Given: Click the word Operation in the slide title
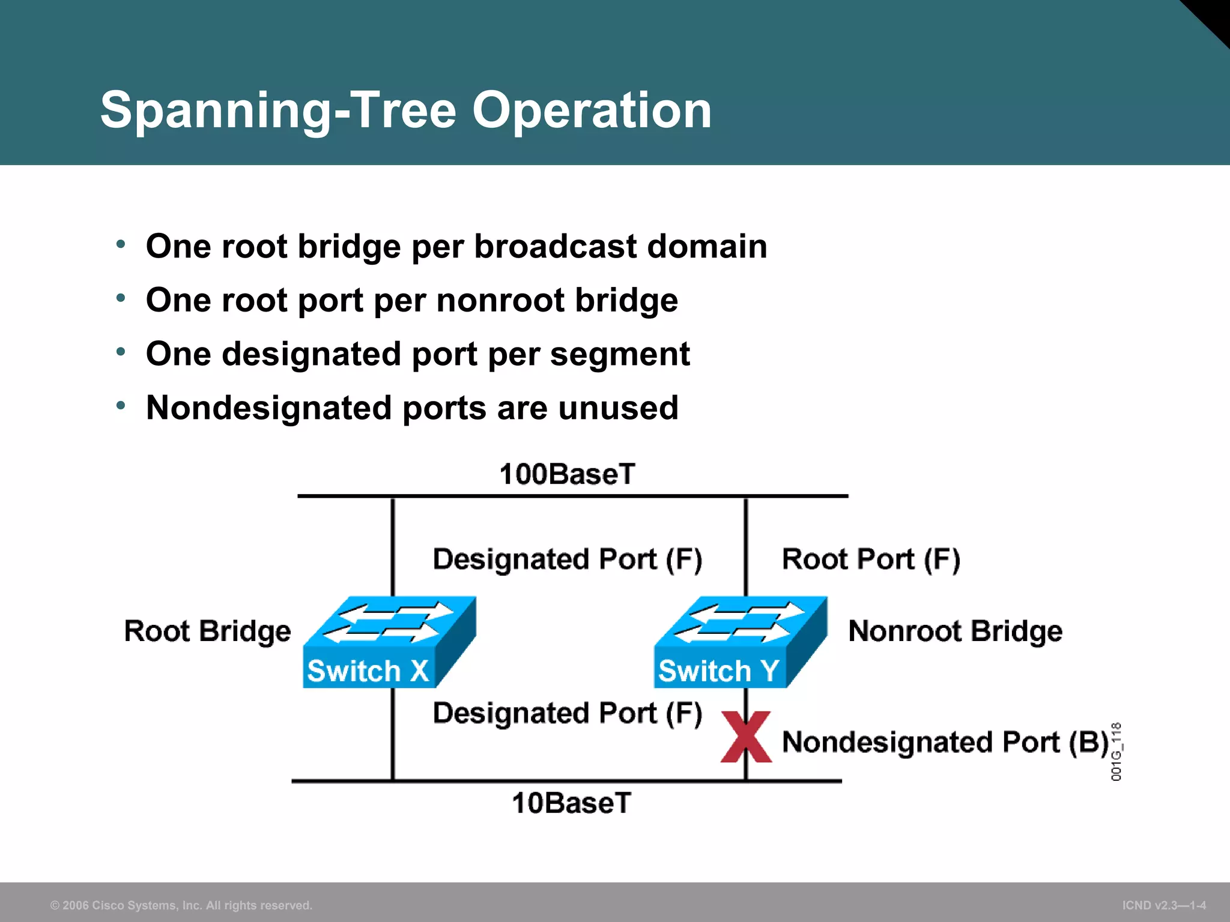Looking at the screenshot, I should [592, 110].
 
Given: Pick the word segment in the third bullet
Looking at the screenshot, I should [620, 354].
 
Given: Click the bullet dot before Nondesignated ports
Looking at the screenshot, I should [121, 406].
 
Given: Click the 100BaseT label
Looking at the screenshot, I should [567, 474].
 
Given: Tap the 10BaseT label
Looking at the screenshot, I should [571, 803].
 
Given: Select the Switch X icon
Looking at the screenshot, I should [389, 642].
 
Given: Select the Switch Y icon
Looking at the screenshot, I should [740, 642].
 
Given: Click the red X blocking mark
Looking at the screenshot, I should [745, 737].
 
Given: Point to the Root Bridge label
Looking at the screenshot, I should [207, 631].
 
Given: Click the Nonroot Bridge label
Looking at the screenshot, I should [955, 631].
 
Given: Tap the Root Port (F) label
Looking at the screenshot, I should [871, 559].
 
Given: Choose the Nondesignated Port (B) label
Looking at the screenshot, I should [945, 743].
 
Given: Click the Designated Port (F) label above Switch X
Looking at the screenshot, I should [567, 559].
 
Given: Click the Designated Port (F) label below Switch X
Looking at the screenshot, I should [567, 713].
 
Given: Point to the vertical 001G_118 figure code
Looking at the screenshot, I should [1116, 752].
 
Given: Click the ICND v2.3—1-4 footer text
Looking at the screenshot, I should [1164, 905].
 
